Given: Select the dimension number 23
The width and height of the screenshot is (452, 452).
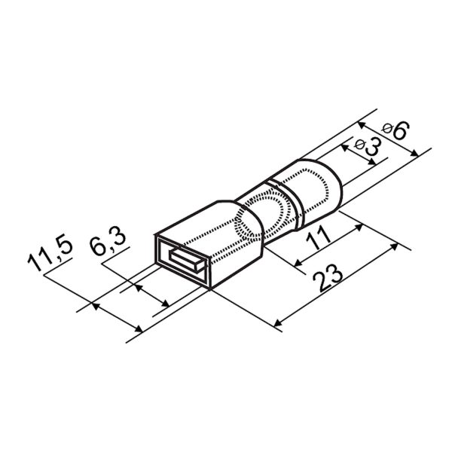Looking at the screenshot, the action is pyautogui.click(x=328, y=278).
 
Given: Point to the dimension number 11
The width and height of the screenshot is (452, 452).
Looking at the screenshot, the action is pyautogui.click(x=318, y=238).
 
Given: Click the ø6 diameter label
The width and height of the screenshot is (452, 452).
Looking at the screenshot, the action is pyautogui.click(x=395, y=130).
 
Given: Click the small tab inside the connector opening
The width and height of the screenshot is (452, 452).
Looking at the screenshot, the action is pyautogui.click(x=187, y=260).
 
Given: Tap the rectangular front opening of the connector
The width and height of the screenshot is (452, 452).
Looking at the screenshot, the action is pyautogui.click(x=182, y=261).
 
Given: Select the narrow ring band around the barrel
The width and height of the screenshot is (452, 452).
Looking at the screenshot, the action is pyautogui.click(x=286, y=205).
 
